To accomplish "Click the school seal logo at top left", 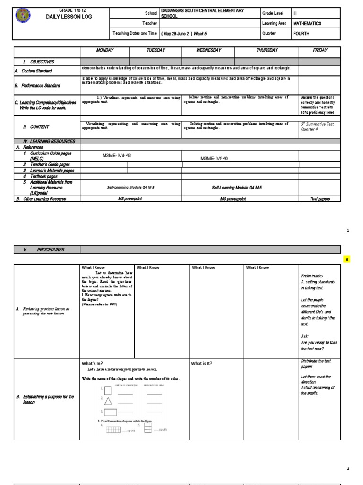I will tap(23, 17).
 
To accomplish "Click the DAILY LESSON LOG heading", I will tap(69, 17).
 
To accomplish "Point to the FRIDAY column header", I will tap(320, 50).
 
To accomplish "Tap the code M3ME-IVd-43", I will tap(117, 155).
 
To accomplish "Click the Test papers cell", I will tap(320, 199).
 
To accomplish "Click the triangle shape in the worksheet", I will tap(108, 403).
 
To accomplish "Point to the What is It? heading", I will tap(201, 363).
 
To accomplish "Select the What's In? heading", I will tap(93, 363).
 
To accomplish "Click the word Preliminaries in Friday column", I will tap(311, 275).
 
